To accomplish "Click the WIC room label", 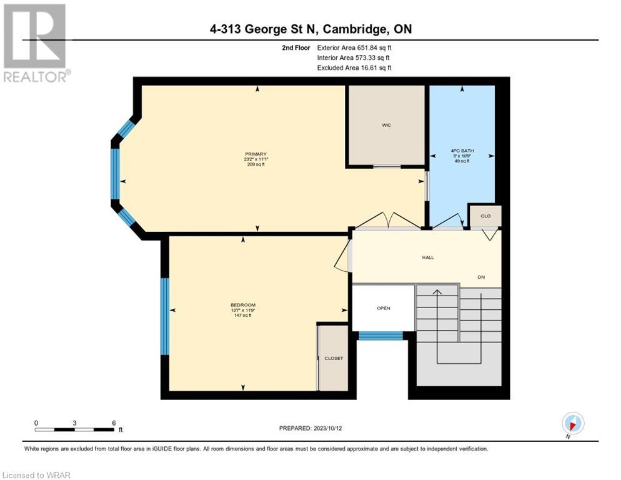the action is point(386,125).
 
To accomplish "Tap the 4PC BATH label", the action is point(462,151).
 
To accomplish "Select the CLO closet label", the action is point(485,216).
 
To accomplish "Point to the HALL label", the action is point(428,257).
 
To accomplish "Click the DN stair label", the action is point(481,277).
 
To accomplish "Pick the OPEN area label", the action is point(384,308).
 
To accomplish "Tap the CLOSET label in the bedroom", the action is point(334,358).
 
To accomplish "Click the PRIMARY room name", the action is point(256,154).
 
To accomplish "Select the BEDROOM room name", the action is point(243,305).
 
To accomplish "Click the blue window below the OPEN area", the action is point(380,336).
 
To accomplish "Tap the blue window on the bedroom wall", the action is point(165,316).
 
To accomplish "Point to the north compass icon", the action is point(573,423).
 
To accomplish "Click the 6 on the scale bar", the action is point(114,423).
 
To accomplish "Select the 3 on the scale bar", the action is point(74,423).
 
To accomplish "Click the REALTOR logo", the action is point(36,42).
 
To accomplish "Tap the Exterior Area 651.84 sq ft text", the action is point(354,47).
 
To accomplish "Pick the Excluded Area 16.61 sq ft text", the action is point(354,67).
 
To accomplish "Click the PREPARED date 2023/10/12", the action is point(328,429).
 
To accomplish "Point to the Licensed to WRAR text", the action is point(36,475).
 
